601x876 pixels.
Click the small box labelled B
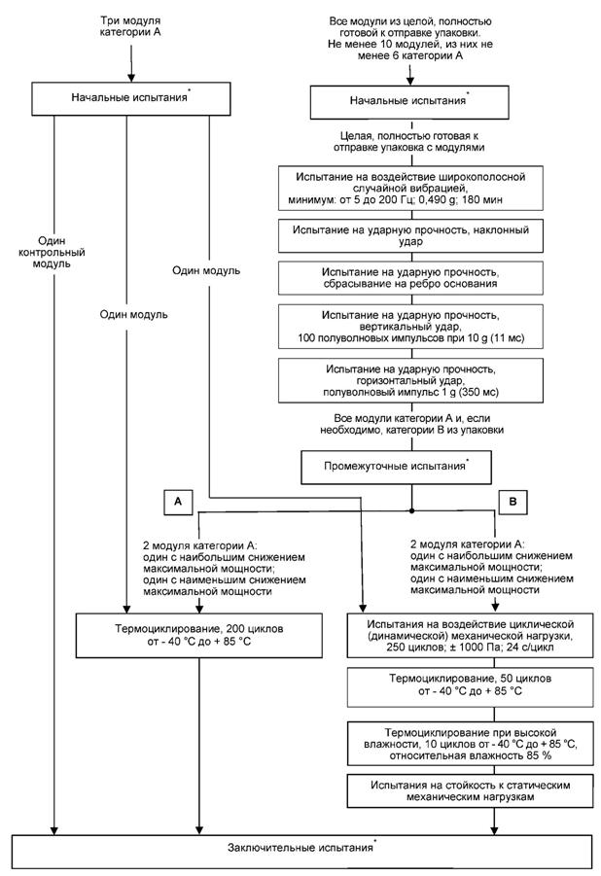pyautogui.click(x=513, y=500)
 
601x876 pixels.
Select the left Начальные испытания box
pyautogui.click(x=128, y=98)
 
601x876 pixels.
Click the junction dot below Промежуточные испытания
pyautogui.click(x=412, y=509)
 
